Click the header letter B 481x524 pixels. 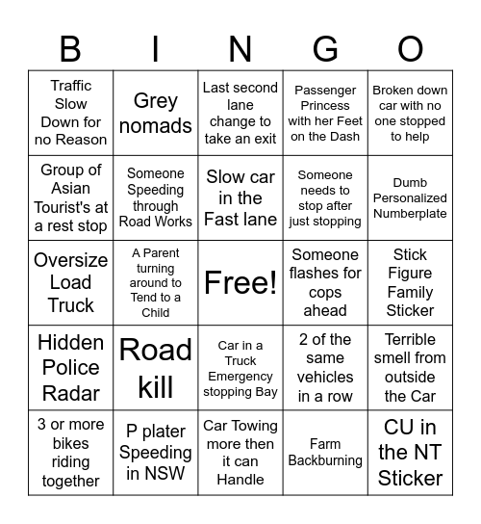(x=70, y=48)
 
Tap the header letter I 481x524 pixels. (x=156, y=48)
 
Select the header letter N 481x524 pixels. (x=240, y=48)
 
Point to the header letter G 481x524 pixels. (x=325, y=48)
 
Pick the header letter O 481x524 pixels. (x=410, y=48)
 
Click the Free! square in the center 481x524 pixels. (x=240, y=282)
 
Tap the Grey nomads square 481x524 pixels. (x=156, y=113)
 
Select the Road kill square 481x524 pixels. (x=156, y=367)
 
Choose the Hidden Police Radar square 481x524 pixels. (x=70, y=367)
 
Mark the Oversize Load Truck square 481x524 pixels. (x=70, y=282)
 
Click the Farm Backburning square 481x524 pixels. (x=325, y=452)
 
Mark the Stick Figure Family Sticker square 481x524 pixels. (x=410, y=282)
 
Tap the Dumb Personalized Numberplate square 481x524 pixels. (x=410, y=197)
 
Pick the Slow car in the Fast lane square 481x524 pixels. (x=240, y=197)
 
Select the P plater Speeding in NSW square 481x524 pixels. (x=156, y=452)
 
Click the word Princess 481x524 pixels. (x=325, y=105)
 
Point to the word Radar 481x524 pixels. (x=70, y=392)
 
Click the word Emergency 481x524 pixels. (x=240, y=377)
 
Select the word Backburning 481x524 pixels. (x=325, y=460)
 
